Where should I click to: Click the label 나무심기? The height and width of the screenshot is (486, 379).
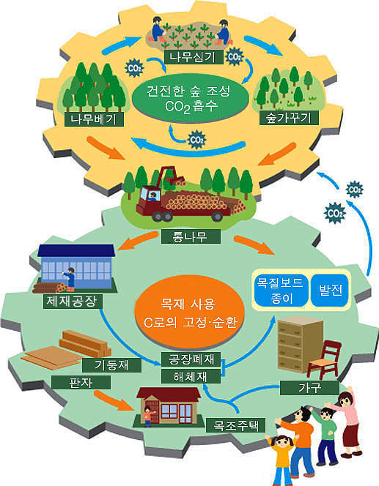194,57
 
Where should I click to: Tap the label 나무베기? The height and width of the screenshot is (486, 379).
94,119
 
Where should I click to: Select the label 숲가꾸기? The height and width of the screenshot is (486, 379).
289,118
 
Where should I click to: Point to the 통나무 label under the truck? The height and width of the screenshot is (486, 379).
191,237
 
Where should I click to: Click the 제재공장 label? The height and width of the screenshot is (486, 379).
73,302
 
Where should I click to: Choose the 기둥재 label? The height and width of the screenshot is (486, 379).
111,364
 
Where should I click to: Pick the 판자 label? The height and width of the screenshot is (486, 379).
81,382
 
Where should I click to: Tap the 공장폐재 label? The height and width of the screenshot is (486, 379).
191,359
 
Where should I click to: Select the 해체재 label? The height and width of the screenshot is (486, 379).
191,376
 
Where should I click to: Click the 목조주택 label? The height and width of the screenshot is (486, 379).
236,425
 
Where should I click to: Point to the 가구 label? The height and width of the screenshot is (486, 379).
309,388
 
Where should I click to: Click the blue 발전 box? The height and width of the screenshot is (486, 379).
331,290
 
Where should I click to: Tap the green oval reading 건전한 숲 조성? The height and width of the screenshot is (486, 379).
191,98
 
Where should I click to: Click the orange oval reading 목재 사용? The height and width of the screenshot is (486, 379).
191,313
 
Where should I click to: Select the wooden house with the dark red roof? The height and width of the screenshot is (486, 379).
169,405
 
